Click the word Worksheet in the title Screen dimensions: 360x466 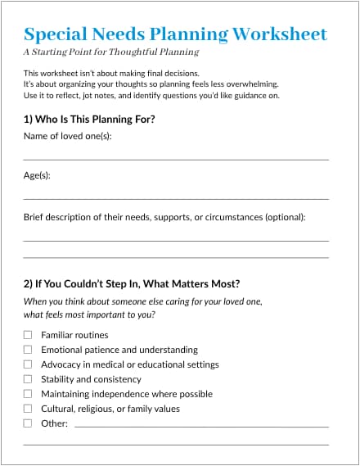pyautogui.click(x=280, y=34)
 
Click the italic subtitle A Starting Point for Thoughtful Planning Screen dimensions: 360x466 pyautogui.click(x=111, y=52)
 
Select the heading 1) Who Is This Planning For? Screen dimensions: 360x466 pyautogui.click(x=90, y=120)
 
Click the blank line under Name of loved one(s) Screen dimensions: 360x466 pyautogui.click(x=176, y=158)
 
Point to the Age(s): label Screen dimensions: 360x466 pyautogui.click(x=38, y=175)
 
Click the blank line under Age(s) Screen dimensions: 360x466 pyautogui.click(x=176, y=198)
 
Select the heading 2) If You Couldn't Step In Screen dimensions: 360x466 pyautogui.click(x=132, y=284)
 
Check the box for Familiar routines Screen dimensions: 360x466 pyautogui.click(x=28, y=335)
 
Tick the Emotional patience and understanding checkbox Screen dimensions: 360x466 pyautogui.click(x=28, y=350)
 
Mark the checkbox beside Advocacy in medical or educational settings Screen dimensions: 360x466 pyautogui.click(x=28, y=364)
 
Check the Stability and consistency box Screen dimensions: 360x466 pyautogui.click(x=28, y=379)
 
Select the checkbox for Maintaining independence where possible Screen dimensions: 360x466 pyautogui.click(x=28, y=394)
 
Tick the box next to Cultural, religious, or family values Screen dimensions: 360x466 pyautogui.click(x=28, y=409)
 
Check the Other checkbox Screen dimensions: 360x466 pyautogui.click(x=28, y=423)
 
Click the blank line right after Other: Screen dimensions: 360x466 pyautogui.click(x=201, y=426)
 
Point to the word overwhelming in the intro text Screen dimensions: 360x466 pyautogui.click(x=250, y=84)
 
